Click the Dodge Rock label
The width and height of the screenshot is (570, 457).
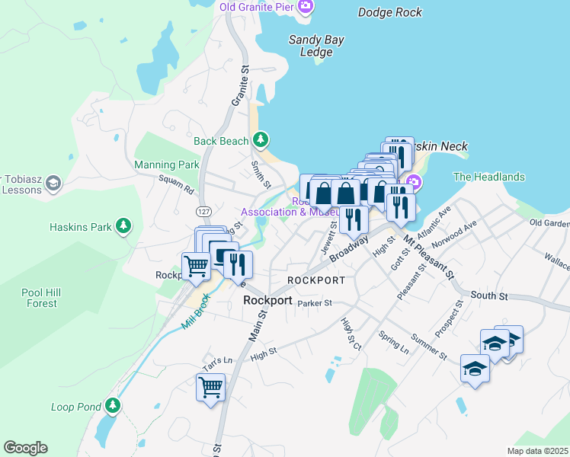tap(389, 11)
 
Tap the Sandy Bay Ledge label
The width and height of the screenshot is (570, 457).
tap(316, 46)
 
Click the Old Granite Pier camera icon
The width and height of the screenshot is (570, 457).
tap(306, 8)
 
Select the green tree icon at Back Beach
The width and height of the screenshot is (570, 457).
tap(261, 140)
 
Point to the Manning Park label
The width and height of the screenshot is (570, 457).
tap(166, 165)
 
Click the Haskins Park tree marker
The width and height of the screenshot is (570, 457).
tap(122, 226)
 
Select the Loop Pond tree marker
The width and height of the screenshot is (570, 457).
tap(114, 405)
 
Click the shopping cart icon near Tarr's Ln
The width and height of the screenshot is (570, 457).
tap(210, 386)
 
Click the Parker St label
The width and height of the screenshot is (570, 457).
tap(315, 303)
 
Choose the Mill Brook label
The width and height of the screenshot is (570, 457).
tap(195, 312)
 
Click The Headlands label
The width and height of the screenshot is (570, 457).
tap(489, 177)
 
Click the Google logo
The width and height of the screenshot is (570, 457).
tap(25, 448)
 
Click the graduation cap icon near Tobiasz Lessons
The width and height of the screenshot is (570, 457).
tap(53, 183)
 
